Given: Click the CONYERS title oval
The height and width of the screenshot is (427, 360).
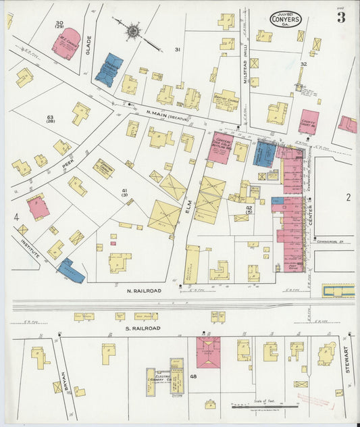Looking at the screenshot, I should (286, 19).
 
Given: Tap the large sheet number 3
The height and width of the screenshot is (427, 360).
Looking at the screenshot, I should (341, 18).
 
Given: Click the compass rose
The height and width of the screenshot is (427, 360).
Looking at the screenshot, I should (133, 30).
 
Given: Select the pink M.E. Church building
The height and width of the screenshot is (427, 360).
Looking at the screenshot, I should (66, 43).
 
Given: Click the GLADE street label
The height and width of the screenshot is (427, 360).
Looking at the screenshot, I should (88, 45).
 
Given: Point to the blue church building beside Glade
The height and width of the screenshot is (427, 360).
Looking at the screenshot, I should (109, 70).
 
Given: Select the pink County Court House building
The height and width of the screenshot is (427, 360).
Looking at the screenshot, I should (308, 122).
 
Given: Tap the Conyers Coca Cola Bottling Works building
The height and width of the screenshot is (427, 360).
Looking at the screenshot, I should (220, 147).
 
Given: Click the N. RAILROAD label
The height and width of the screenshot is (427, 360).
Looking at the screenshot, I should (143, 291).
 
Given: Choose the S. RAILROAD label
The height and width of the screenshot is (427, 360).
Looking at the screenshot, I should (143, 328).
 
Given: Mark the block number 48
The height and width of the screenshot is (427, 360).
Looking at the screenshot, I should (193, 376).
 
